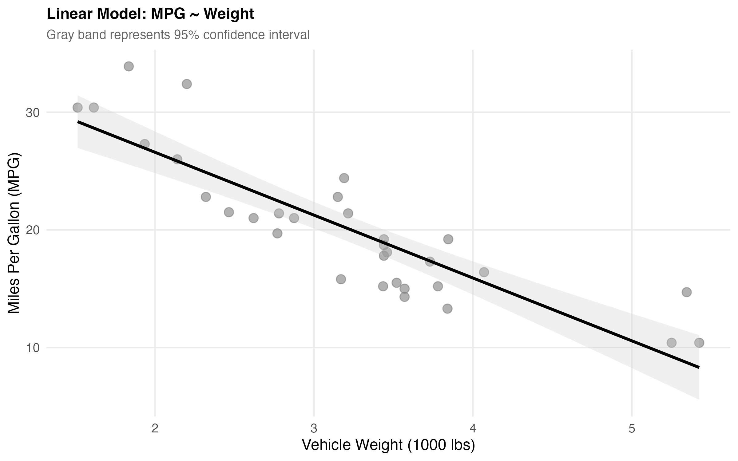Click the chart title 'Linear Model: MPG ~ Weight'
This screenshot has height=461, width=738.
pos(150,14)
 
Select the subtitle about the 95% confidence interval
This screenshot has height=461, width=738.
pos(178,35)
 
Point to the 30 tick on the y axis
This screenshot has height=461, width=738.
pos(33,113)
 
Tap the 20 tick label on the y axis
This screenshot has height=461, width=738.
pos(33,230)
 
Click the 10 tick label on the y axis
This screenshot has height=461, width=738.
pos(33,348)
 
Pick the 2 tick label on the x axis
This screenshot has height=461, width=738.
pos(155,428)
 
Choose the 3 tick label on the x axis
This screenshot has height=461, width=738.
pos(314,428)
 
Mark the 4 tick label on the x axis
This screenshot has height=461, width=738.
pos(473,428)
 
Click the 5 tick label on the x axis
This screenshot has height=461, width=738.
pos(632,428)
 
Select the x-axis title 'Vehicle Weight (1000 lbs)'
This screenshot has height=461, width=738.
pos(388,445)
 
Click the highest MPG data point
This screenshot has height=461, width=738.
pos(129,66)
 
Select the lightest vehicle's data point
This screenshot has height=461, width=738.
pos(77,108)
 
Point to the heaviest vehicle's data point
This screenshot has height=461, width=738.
pos(699,343)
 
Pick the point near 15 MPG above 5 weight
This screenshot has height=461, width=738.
pos(686,292)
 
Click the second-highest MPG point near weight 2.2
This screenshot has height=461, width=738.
pos(187,84)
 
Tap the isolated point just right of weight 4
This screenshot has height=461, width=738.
pos(484,272)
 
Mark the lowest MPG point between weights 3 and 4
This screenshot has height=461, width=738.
pos(447,309)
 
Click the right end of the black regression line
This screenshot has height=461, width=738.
pos(698,367)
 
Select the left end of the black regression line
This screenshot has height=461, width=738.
pos(78,122)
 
